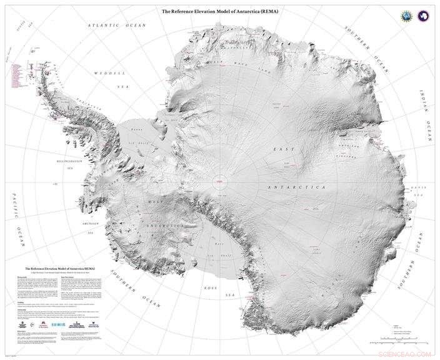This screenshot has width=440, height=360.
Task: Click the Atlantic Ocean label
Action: [x=116, y=26]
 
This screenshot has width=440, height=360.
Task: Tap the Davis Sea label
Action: [x=418, y=191]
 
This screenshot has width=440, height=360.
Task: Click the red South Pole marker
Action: [x=221, y=181]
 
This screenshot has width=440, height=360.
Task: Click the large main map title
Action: [x=220, y=11]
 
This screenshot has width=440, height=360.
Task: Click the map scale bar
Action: [x=397, y=342]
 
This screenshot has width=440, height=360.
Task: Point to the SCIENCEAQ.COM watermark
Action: [x=407, y=354]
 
